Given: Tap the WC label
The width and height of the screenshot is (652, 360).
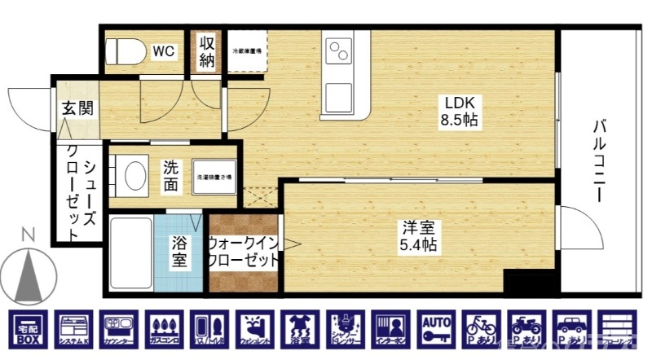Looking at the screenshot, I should tap(165, 51).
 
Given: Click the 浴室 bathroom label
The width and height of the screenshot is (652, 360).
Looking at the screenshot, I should tap(180, 252).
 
